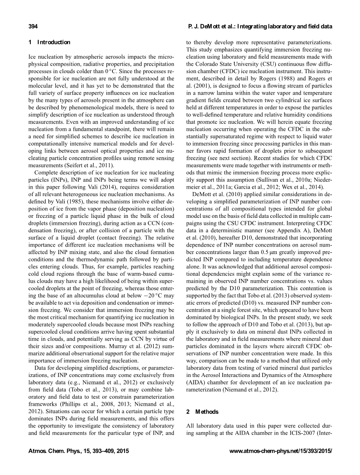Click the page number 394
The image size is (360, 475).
[33, 26]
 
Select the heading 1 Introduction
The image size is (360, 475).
[49, 42]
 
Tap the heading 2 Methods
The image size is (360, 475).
[202, 412]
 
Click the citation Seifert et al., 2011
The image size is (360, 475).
[88, 165]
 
